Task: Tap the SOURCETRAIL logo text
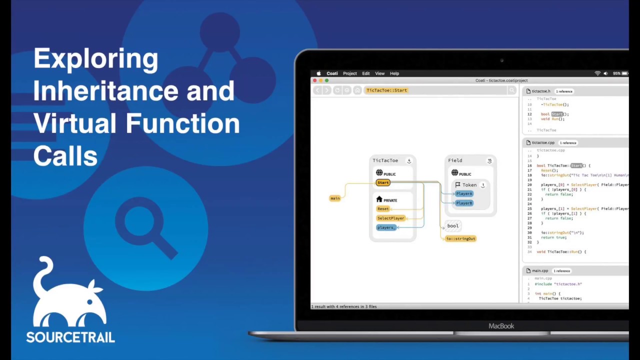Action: pyautogui.click(x=70, y=337)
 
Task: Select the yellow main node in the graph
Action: pyautogui.click(x=335, y=198)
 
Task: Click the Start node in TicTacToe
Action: pyautogui.click(x=383, y=182)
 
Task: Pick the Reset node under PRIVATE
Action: pyautogui.click(x=383, y=208)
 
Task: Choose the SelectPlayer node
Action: pyautogui.click(x=390, y=218)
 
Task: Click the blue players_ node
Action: pyautogui.click(x=386, y=227)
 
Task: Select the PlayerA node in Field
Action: pyautogui.click(x=464, y=193)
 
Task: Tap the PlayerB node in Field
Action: pyautogui.click(x=464, y=203)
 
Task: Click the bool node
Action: pyautogui.click(x=452, y=226)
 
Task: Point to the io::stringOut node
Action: pyautogui.click(x=460, y=238)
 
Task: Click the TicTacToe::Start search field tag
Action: pyautogui.click(x=387, y=90)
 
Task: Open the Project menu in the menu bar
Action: pyautogui.click(x=350, y=73)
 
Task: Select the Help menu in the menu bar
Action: pyautogui.click(x=394, y=73)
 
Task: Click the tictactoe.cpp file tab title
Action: pyautogui.click(x=543, y=142)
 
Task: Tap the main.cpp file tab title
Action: pyautogui.click(x=540, y=270)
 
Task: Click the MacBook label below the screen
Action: pyautogui.click(x=501, y=326)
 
